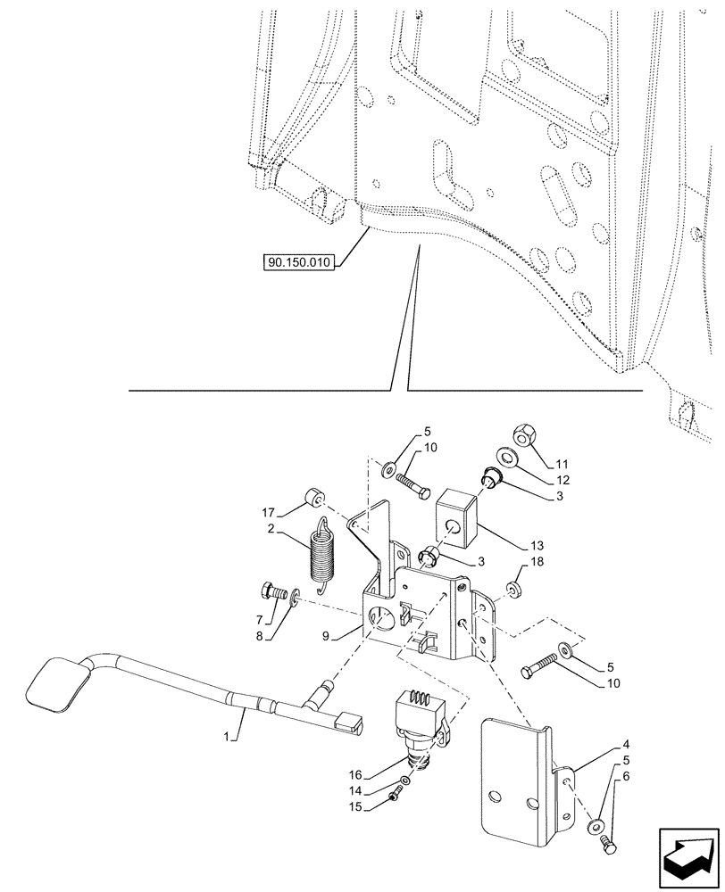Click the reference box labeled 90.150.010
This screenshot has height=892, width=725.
297,262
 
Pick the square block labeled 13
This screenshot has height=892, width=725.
454,522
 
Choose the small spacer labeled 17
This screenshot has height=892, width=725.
314,497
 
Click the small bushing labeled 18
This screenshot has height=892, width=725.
513,590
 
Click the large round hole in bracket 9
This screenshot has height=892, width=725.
383,617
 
